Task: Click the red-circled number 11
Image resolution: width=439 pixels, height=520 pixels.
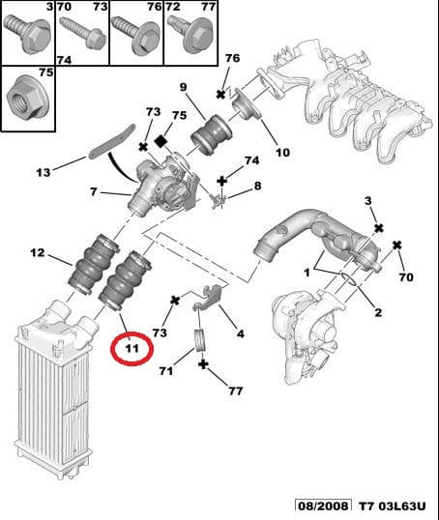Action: pyautogui.click(x=131, y=345)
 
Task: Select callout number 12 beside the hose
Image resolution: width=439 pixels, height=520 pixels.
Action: pyautogui.click(x=37, y=254)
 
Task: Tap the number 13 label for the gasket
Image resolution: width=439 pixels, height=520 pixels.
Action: pyautogui.click(x=42, y=173)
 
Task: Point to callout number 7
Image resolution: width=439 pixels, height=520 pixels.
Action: pyautogui.click(x=94, y=192)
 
